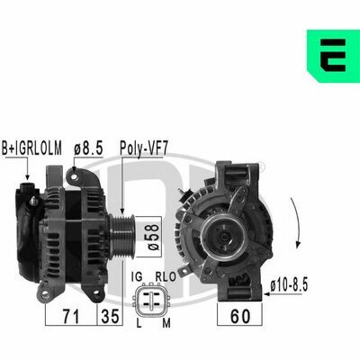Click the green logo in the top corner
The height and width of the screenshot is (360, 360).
pos(333,56)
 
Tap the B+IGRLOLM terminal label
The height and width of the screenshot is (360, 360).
pos(31,148)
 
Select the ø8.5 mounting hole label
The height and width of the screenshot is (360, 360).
pos(88,148)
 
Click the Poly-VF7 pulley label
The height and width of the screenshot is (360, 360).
pos(143,148)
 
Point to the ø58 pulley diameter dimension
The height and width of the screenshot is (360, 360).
pos(154,237)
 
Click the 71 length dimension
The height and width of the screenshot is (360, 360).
pos(71,316)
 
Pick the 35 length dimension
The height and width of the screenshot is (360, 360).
pos(110,316)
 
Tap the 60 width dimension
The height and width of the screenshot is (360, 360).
pos(240,316)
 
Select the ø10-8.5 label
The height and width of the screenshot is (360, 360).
pos(289,285)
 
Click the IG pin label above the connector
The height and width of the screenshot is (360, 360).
pos(137,276)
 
